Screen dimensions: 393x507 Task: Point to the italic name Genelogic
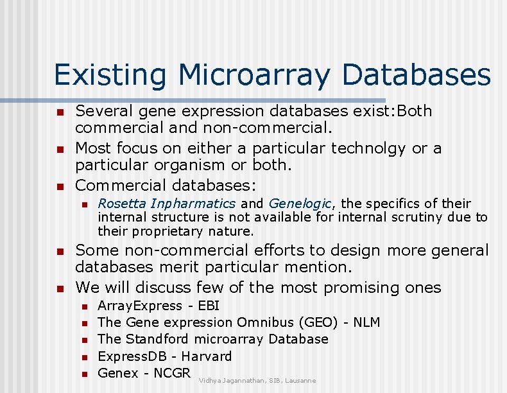click(x=300, y=204)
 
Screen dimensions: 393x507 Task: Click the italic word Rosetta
click(x=122, y=204)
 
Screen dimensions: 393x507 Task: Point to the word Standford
click(x=157, y=339)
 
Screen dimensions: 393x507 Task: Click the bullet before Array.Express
click(x=83, y=306)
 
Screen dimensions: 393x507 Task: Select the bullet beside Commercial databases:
click(x=60, y=187)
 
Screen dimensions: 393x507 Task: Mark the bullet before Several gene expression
click(x=60, y=112)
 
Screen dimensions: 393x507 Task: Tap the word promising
click(x=361, y=287)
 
